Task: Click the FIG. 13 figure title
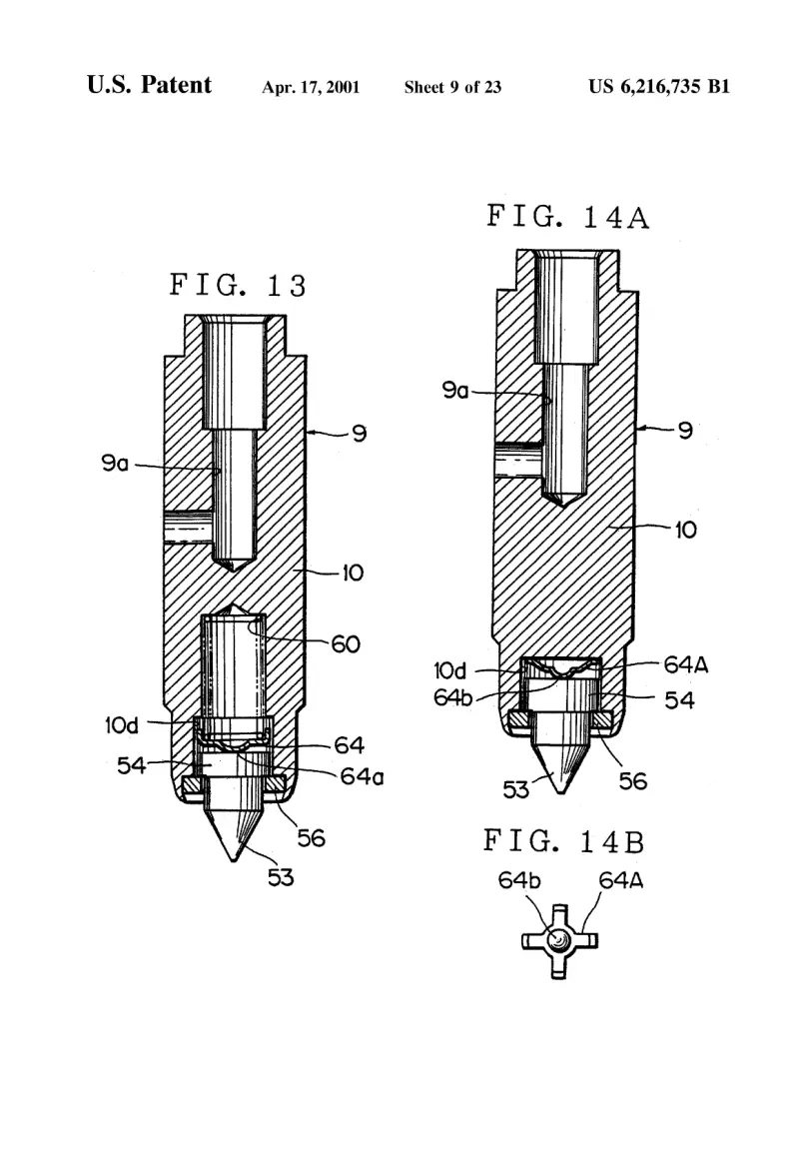tap(238, 285)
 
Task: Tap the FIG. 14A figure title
tap(567, 217)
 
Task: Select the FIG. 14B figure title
tap(563, 841)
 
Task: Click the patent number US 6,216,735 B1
tap(658, 87)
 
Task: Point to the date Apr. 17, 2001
tap(311, 88)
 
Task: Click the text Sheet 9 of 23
tap(453, 88)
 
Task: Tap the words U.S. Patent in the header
tap(149, 85)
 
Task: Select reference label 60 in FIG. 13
tap(346, 643)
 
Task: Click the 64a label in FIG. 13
tap(362, 776)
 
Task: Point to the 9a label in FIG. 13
tap(115, 464)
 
